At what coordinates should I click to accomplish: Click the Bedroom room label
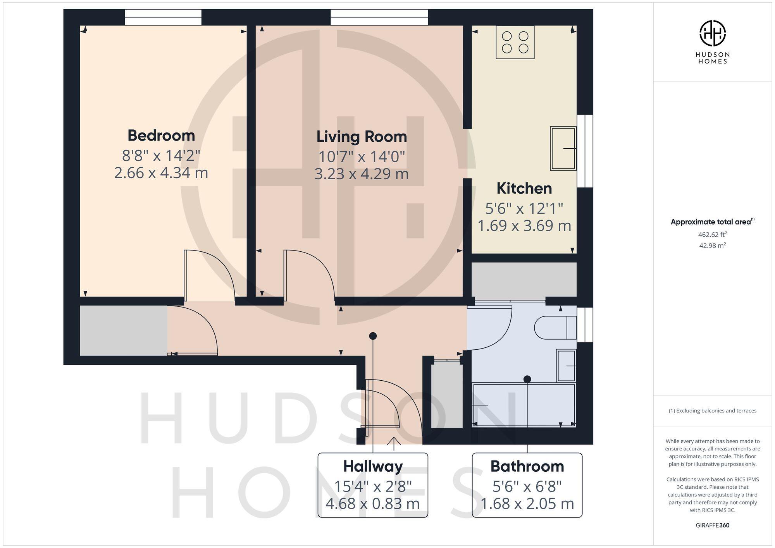161,136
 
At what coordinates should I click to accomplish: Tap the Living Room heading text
362,137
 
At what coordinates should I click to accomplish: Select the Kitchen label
524,189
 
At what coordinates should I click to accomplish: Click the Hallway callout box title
373,466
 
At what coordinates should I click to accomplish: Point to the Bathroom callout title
527,466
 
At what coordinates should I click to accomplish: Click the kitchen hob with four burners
515,42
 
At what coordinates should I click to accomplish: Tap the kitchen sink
563,148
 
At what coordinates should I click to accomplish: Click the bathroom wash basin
566,366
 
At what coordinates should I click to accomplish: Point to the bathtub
524,405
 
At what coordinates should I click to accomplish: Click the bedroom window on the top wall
163,17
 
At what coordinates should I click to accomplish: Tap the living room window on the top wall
379,17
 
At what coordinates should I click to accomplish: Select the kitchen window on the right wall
585,151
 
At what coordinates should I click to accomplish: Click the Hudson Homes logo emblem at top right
712,33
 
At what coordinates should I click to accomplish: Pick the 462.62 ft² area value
712,234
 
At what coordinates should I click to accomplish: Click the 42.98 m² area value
712,246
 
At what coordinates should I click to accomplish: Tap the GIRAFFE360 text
712,525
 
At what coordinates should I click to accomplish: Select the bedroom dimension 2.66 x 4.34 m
161,173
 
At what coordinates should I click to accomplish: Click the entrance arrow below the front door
394,443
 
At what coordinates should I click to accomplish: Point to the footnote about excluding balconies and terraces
712,411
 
